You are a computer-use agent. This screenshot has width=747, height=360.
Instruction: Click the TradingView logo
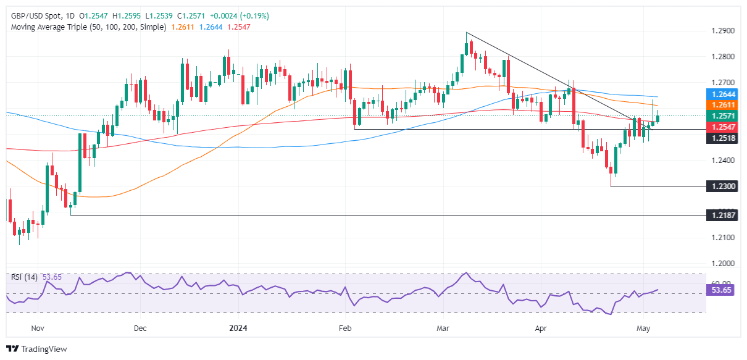click(x=37, y=349)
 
